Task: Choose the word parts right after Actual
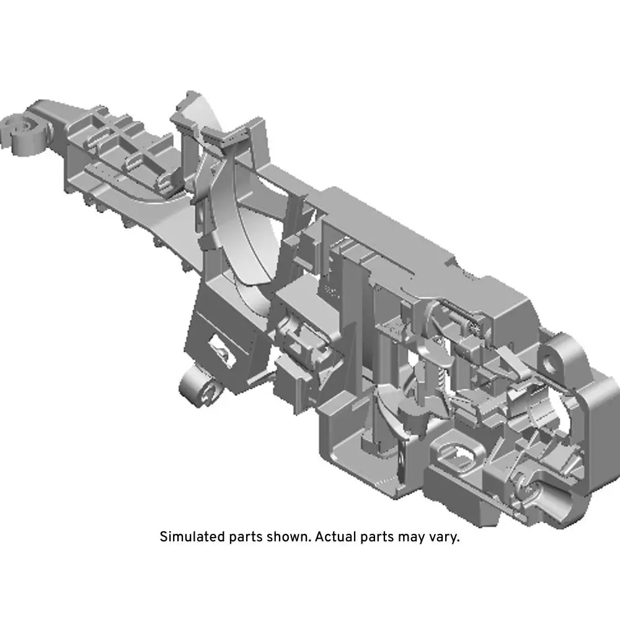tap(377, 538)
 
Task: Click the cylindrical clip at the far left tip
tap(23, 133)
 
